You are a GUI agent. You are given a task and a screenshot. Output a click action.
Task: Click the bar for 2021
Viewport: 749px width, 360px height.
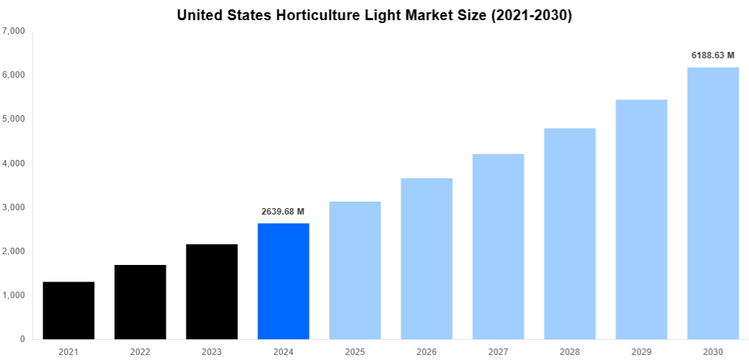[68, 310]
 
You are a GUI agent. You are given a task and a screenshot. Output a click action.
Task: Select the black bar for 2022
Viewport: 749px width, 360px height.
[140, 302]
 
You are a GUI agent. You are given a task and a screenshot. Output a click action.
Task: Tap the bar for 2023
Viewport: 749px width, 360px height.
[212, 292]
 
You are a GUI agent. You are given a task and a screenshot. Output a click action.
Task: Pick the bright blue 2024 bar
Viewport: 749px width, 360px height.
[284, 281]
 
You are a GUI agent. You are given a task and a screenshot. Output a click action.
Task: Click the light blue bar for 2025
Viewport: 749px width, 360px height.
[355, 270]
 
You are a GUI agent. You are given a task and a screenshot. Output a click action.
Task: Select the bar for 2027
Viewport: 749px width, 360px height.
[498, 246]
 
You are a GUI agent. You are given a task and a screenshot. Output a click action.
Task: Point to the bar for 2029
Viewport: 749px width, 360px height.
[642, 219]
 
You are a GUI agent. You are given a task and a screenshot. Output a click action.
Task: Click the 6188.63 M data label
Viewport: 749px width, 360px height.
[713, 55]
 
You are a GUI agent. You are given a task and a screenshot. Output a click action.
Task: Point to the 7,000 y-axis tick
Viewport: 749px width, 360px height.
[14, 32]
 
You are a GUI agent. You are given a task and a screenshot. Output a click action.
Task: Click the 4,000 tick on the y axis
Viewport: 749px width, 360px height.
[14, 163]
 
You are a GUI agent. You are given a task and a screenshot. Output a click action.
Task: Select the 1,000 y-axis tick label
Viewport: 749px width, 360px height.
[14, 295]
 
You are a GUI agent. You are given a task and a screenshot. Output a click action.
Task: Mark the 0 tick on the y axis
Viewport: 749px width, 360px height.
[22, 339]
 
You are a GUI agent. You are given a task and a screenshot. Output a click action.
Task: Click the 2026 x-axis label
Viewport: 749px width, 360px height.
[426, 351]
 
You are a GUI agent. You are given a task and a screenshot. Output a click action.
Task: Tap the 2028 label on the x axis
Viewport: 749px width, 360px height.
[570, 351]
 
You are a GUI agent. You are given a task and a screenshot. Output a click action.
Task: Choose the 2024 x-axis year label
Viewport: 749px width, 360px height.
[283, 351]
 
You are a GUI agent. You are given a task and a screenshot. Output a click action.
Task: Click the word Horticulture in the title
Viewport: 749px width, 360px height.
[315, 15]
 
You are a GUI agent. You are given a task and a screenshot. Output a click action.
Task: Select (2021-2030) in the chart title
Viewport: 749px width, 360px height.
[532, 15]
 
